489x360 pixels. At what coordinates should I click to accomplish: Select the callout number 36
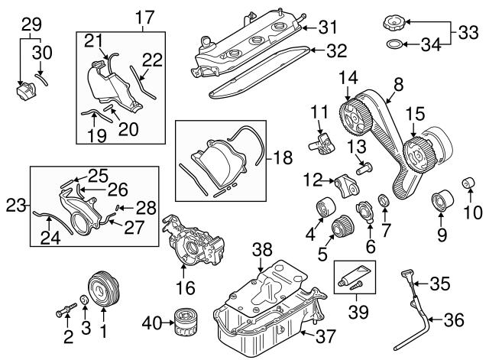(453, 321)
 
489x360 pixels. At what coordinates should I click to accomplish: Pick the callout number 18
(283, 159)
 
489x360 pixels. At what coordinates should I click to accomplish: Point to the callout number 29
(30, 24)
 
